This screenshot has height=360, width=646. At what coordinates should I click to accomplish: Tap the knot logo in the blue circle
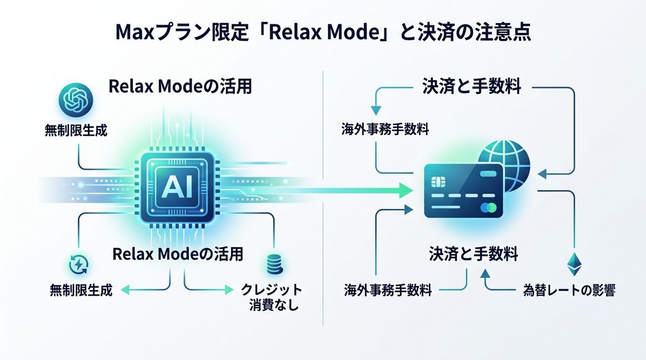coord(75,99)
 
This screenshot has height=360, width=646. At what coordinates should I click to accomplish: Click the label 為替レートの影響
coord(569,291)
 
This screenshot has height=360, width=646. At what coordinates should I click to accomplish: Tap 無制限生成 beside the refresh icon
coord(81,291)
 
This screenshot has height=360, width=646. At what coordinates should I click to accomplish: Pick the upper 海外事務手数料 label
coord(385,129)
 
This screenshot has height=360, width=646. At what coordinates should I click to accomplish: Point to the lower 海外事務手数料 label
coord(388,291)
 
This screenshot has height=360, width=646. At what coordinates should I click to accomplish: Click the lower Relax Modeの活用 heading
coord(178,253)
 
